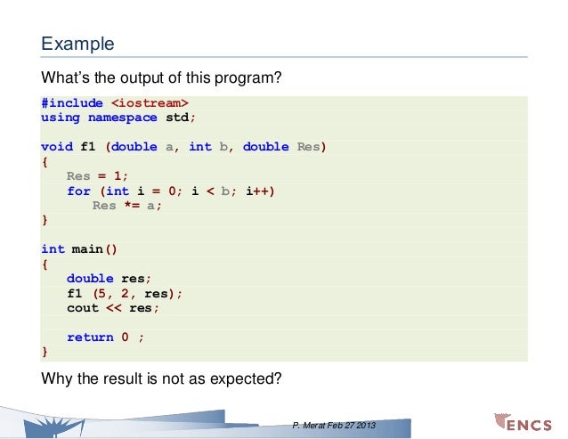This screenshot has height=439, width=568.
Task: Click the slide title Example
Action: (77, 43)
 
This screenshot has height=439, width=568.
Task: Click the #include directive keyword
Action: (71, 103)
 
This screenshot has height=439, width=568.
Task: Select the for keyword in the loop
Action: (78, 191)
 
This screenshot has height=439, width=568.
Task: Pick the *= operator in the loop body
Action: (132, 206)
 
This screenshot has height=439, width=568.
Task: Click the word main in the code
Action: (87, 249)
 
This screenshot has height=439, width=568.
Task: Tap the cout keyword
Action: (81, 308)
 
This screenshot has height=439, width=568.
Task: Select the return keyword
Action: (90, 337)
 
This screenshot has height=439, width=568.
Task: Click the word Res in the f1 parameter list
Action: (307, 147)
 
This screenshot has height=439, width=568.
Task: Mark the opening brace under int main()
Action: (45, 264)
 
